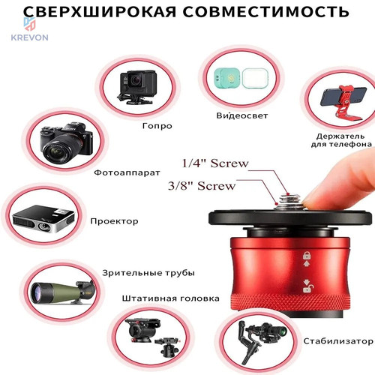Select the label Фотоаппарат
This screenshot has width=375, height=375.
tap(121, 171)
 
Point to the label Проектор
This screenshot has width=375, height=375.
tap(114, 221)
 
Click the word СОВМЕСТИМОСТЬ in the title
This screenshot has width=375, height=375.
tap(258, 13)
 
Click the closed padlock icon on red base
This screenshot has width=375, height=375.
tap(306, 258)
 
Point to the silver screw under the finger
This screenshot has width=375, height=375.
tap(286, 202)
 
